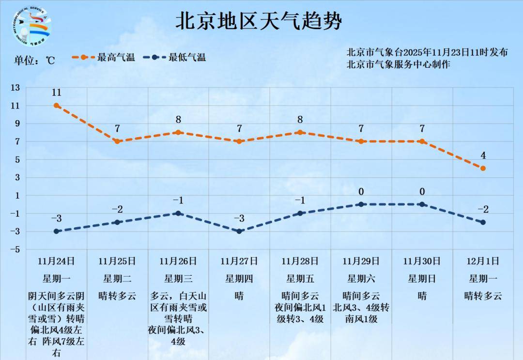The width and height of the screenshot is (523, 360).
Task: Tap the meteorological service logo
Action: point(31,27)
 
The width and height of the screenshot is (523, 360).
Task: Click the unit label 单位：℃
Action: point(34,61)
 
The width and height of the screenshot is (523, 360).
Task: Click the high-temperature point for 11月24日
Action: point(57,105)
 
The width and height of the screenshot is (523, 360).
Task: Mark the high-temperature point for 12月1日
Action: point(483,168)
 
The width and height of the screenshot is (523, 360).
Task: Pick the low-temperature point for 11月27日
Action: point(239,231)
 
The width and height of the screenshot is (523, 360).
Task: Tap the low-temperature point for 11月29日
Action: point(361,204)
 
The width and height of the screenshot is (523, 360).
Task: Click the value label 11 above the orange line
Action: point(57,93)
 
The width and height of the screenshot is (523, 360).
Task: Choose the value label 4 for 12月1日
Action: point(483,156)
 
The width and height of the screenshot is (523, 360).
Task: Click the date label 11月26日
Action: point(178,261)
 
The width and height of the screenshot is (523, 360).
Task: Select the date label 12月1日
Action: point(483,261)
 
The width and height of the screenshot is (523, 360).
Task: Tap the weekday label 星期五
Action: point(300,279)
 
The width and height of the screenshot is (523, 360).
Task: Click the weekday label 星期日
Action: point(422,279)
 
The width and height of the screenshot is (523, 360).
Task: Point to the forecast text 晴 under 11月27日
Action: point(239,296)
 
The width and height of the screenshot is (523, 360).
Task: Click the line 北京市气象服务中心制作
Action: point(398,64)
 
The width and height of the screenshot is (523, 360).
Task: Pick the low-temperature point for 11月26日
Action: point(178,213)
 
